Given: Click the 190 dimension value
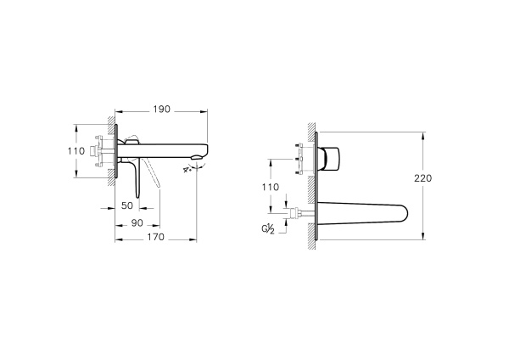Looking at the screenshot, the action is click(x=162, y=110).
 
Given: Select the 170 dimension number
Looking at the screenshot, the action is click(x=156, y=237).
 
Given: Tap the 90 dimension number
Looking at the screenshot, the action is click(x=137, y=223).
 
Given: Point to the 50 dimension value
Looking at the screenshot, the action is click(x=127, y=205).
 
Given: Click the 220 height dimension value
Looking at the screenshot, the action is click(x=423, y=178).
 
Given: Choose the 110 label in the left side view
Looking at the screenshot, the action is click(x=76, y=151).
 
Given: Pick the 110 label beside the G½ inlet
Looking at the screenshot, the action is click(x=270, y=187).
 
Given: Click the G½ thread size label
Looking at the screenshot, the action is click(x=268, y=229).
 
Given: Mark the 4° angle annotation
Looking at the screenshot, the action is click(x=187, y=170).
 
